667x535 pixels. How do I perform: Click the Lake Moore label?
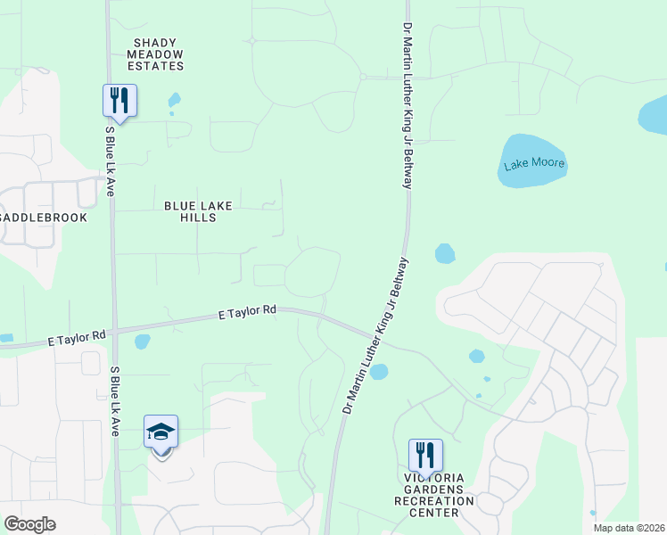[535, 164]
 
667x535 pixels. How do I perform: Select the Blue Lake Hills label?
[198, 211]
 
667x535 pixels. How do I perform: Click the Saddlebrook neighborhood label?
[43, 217]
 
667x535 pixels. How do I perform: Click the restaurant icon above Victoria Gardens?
[425, 456]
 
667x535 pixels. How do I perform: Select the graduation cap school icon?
[161, 433]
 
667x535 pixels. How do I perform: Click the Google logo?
[29, 524]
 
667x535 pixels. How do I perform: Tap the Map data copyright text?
[630, 528]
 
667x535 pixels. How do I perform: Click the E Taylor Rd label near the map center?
[247, 312]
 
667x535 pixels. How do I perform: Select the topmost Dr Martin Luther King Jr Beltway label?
[408, 105]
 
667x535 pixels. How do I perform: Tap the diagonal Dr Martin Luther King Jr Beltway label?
[375, 334]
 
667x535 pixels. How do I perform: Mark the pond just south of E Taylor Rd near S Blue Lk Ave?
[141, 341]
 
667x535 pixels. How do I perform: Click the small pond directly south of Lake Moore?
[444, 254]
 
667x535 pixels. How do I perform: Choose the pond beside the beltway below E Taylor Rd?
[379, 371]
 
